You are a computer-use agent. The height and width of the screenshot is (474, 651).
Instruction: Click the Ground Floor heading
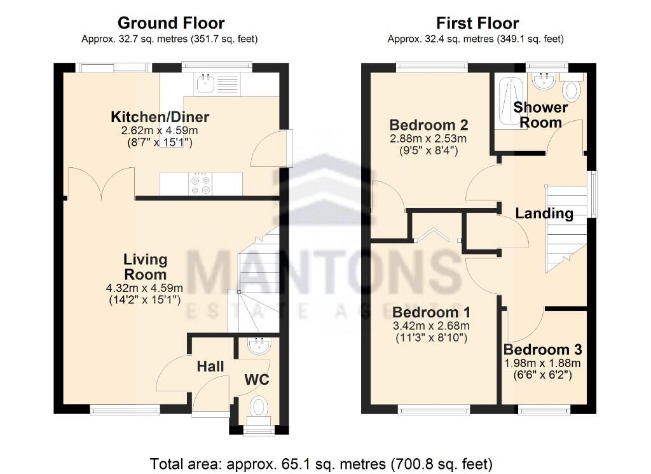tap(170, 24)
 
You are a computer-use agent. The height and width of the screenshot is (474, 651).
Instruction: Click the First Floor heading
tap(477, 24)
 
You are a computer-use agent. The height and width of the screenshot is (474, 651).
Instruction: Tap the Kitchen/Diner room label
tap(160, 117)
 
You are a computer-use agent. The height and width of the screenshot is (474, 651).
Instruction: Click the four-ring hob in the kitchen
tap(201, 184)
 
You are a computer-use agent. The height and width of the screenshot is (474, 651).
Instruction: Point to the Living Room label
tap(146, 267)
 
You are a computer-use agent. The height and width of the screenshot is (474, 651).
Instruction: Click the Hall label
tap(210, 366)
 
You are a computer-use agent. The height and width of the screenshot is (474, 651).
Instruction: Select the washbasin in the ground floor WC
tap(259, 345)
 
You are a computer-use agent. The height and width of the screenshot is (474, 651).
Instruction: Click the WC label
tap(257, 380)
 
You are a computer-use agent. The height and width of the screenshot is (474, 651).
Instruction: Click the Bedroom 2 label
tap(428, 125)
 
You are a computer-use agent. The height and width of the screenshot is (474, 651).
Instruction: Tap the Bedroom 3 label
tap(542, 350)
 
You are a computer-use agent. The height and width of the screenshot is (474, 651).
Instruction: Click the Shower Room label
tap(540, 115)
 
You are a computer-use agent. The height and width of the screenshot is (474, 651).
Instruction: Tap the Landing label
tap(544, 214)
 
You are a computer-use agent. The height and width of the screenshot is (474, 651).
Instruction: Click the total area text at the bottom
tap(321, 464)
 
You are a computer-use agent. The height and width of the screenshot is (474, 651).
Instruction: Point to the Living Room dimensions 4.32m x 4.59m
tap(145, 288)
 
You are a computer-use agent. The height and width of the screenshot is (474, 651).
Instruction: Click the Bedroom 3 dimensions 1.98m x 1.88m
tap(542, 363)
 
